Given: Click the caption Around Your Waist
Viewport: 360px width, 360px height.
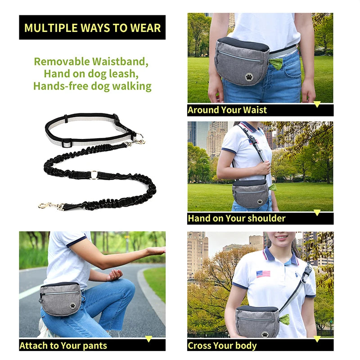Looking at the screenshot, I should pyautogui.click(x=227, y=110).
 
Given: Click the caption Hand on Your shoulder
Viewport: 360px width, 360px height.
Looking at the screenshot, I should pyautogui.click(x=237, y=219).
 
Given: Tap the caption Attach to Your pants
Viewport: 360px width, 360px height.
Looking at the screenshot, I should pyautogui.click(x=63, y=346).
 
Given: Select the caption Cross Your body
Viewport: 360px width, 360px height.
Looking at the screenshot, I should pyautogui.click(x=222, y=346).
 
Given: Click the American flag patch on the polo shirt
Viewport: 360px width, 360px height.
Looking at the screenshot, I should pyautogui.click(x=263, y=274).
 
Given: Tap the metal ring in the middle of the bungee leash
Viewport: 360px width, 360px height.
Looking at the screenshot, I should pyautogui.click(x=94, y=175).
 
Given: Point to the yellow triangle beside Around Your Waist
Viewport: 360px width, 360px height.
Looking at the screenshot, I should pyautogui.click(x=317, y=104).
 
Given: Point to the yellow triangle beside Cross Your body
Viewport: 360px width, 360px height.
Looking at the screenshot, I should pyautogui.click(x=317, y=338).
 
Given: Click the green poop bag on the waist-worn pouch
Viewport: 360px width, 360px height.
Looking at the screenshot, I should pyautogui.click(x=275, y=63).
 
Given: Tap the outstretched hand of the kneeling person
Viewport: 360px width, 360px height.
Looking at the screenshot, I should pyautogui.click(x=155, y=251).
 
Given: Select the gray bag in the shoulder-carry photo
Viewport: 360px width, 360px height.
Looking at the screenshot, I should pyautogui.click(x=250, y=193).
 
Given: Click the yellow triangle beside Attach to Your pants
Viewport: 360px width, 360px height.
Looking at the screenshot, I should pyautogui.click(x=148, y=338).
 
